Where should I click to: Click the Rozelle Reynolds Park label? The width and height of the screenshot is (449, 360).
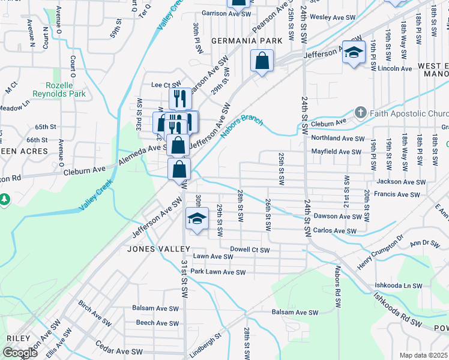[67, 89]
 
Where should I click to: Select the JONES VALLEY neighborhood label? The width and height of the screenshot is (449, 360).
[158, 248]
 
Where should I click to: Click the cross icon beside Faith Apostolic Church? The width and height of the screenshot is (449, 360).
[360, 112]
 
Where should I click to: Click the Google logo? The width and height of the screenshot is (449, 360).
[20, 353]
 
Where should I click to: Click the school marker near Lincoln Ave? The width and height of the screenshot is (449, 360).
[354, 52]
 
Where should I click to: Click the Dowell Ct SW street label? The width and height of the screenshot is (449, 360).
[250, 250]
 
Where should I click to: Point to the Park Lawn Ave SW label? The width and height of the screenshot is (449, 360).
[218, 272]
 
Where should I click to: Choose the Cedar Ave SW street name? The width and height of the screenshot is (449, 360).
[119, 350]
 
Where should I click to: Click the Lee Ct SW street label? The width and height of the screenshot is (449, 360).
[166, 85]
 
